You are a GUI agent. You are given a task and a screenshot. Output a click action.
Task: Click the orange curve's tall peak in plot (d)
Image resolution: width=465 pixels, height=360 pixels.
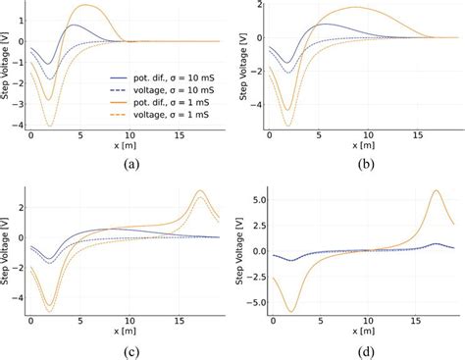click(435, 191)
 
